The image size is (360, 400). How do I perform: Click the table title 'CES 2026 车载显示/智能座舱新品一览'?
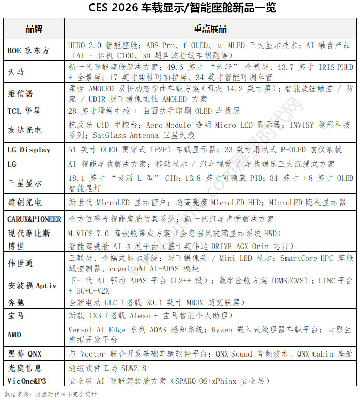click(x=180, y=8)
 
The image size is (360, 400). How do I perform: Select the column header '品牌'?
click(x=34, y=28)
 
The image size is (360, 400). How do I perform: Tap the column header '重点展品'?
click(x=210, y=28)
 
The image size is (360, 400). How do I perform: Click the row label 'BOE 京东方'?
click(x=28, y=50)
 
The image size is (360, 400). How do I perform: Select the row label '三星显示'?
click(x=24, y=183)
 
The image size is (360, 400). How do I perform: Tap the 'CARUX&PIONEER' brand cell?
click(x=34, y=219)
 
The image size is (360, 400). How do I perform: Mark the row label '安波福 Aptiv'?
click(x=32, y=285)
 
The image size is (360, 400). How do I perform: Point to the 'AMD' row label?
click(x=14, y=334)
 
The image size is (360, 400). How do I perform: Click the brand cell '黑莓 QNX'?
click(x=24, y=354)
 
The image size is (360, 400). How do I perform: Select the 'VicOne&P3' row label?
click(x=26, y=381)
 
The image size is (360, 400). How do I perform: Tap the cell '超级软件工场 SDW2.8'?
click(x=107, y=368)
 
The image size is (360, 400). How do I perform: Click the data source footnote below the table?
click(x=51, y=394)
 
